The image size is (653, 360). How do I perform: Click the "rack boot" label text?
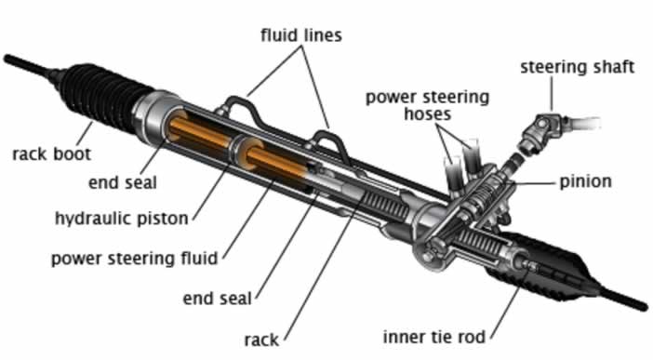[51, 152]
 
